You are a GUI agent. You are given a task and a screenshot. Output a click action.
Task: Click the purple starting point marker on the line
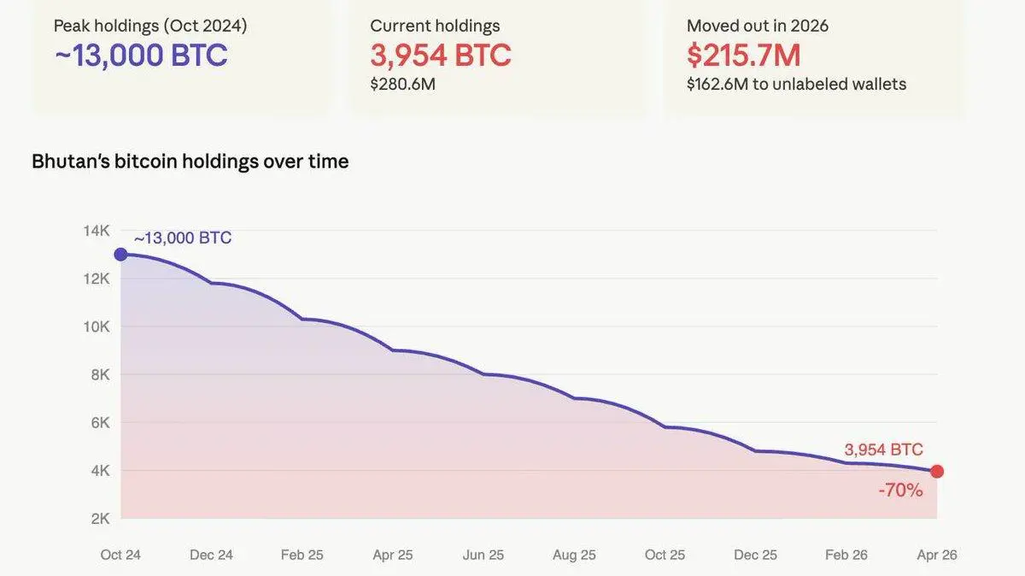(120, 254)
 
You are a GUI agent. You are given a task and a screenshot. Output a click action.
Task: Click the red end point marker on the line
(937, 471)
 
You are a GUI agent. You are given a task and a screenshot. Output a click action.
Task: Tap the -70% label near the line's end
(900, 491)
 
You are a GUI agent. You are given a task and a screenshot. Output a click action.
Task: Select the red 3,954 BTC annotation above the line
(883, 450)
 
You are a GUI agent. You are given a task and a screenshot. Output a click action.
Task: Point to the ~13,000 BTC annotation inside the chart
(183, 238)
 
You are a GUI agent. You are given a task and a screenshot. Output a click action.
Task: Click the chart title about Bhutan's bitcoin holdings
(190, 162)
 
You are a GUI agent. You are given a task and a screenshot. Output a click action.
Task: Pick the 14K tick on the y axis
(97, 231)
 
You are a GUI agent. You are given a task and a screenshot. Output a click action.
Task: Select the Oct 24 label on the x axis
(120, 555)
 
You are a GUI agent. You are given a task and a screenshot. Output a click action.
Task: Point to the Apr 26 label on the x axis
(937, 555)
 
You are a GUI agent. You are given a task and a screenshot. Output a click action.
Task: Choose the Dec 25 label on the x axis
(757, 555)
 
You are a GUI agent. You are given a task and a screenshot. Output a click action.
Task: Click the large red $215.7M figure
(743, 55)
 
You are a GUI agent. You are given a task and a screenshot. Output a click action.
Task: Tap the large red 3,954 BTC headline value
(440, 55)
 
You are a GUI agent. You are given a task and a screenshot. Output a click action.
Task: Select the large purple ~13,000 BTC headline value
(141, 55)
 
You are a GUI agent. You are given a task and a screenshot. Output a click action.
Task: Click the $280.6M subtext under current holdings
(402, 84)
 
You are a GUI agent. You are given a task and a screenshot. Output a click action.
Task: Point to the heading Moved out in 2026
(758, 26)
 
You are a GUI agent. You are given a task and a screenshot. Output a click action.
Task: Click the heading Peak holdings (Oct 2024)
(150, 26)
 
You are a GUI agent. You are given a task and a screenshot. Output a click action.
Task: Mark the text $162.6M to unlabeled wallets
(796, 84)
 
